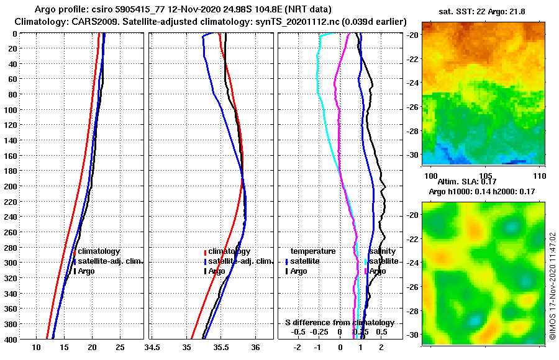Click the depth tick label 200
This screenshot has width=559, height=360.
coord(10,186)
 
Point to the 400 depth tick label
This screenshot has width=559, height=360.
coord(10,338)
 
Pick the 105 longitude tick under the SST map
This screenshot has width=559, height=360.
coord(486,175)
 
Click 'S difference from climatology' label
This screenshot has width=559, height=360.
coord(340,323)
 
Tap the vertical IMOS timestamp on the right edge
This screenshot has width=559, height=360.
coord(552,287)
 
